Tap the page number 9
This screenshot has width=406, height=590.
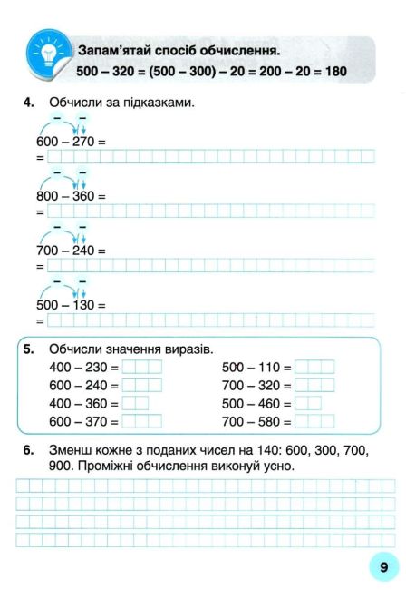tap(383, 566)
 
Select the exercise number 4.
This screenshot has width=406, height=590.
tap(29, 103)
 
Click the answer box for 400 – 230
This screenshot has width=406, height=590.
tap(141, 368)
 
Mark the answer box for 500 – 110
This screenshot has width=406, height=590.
tap(314, 368)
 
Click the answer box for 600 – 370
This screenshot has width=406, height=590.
tap(141, 422)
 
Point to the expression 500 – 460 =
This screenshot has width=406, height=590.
tap(256, 404)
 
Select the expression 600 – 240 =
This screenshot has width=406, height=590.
tap(83, 386)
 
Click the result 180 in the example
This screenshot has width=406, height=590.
tap(336, 70)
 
